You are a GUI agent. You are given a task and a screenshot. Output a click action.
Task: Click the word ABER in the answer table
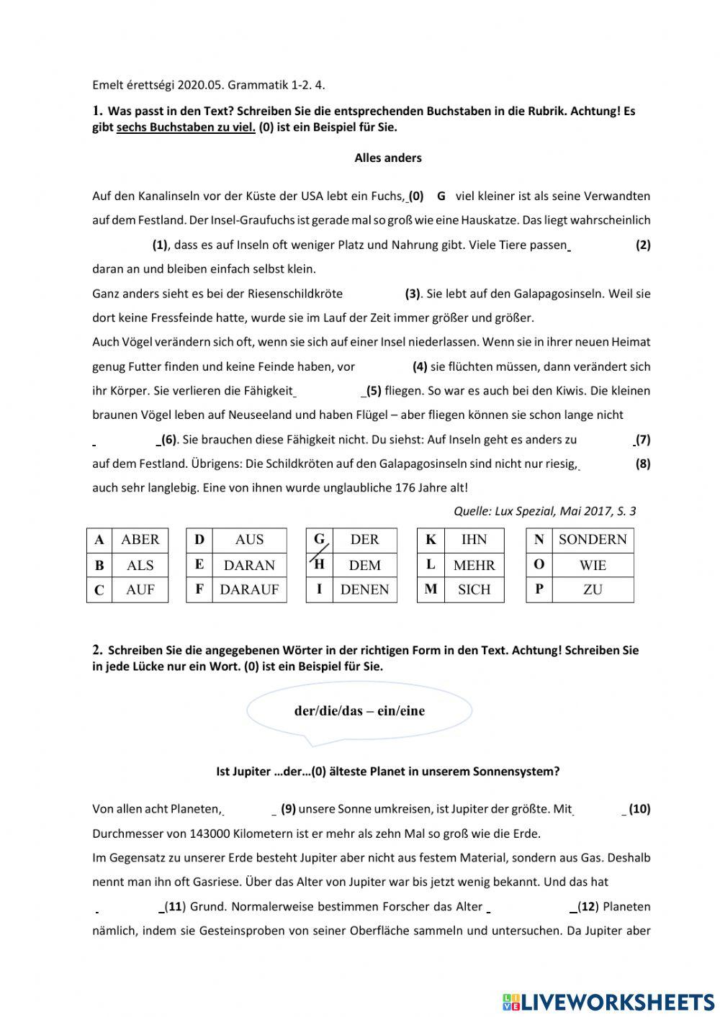[140, 540]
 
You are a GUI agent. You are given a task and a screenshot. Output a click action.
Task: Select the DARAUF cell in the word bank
[249, 589]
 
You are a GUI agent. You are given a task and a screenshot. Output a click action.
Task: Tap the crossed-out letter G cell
[319, 540]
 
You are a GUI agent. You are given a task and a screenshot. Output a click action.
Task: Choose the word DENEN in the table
[364, 589]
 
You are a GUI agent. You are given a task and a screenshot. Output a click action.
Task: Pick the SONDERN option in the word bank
[593, 540]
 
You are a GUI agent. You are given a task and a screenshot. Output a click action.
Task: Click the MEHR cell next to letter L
[474, 565]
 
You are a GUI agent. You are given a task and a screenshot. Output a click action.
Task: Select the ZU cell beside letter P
[593, 589]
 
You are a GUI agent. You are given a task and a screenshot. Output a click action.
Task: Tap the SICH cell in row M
[474, 589]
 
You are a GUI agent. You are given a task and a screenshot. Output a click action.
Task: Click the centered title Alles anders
[388, 158]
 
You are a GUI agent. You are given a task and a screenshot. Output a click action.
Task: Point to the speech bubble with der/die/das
[359, 711]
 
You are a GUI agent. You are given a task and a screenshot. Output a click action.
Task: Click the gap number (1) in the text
[160, 245]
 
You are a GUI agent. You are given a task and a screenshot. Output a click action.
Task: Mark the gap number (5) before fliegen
[374, 391]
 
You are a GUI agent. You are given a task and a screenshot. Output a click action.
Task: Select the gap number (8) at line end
[643, 464]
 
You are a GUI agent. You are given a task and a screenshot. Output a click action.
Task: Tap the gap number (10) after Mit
[639, 809]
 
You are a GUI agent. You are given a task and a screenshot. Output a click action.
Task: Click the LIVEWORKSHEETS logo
[608, 1002]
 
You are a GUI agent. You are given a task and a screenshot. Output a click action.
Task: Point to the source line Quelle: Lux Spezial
[544, 511]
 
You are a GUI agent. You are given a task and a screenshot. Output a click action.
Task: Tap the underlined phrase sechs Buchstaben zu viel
[186, 127]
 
